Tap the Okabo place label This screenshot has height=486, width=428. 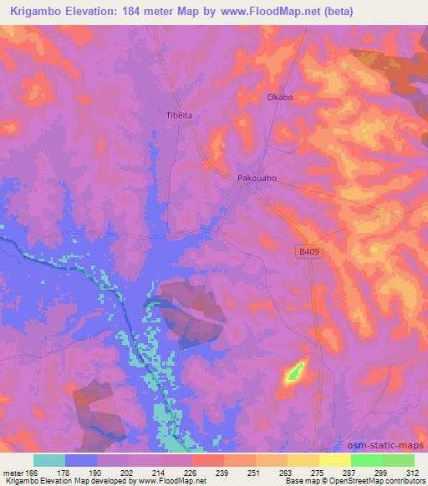(279, 98)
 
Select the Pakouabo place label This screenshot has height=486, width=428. (257, 179)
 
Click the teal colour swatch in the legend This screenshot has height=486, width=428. (49, 459)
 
